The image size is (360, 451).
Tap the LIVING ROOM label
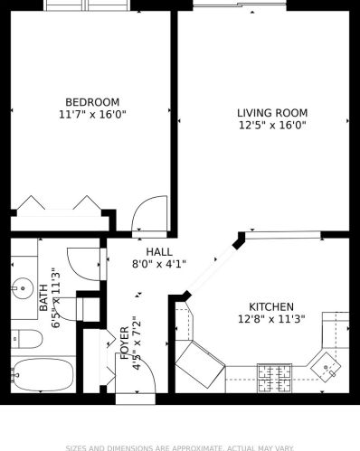click(x=271, y=113)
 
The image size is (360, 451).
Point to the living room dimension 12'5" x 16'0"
click(x=271, y=126)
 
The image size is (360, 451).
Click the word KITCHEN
click(x=271, y=306)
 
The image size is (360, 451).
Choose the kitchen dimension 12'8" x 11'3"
click(x=271, y=319)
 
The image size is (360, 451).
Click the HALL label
click(x=159, y=251)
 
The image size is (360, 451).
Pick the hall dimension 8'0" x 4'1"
click(x=159, y=264)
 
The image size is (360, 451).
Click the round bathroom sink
click(x=20, y=290)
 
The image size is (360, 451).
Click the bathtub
click(x=40, y=374)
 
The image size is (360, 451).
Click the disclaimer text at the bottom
click(x=180, y=446)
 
